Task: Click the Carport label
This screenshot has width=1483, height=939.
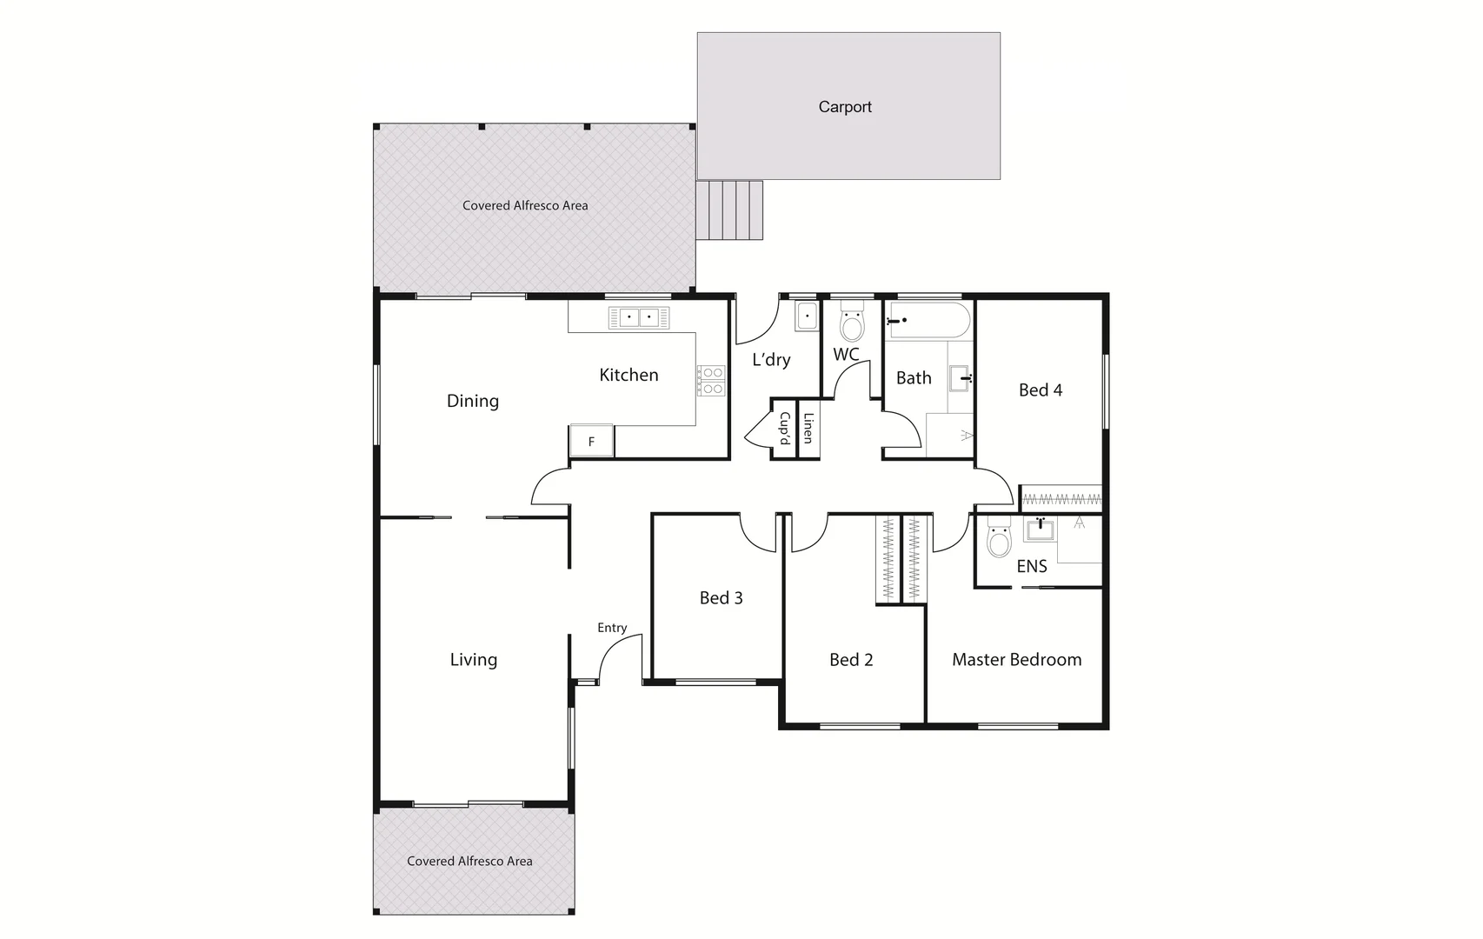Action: [845, 107]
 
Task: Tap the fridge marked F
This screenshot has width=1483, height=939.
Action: [591, 442]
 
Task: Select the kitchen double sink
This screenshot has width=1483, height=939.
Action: [639, 318]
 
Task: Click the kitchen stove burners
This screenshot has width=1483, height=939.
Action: [711, 381]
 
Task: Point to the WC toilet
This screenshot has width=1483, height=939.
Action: [852, 324]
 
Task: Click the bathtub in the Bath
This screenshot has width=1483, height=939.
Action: [928, 320]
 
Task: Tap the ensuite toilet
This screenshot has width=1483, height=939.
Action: [999, 539]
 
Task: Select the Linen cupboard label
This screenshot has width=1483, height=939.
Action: [808, 428]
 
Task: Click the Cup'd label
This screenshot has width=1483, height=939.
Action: [784, 428]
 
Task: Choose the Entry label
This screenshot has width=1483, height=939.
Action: [612, 628]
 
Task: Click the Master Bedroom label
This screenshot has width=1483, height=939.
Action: [1016, 660]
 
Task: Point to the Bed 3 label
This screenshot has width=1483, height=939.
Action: [721, 598]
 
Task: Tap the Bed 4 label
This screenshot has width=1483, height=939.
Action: [1040, 390]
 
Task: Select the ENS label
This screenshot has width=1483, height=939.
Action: [1031, 567]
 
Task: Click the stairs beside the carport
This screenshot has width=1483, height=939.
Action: [731, 210]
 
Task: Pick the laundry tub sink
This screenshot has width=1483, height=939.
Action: [807, 316]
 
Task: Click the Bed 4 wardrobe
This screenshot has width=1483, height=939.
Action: [1061, 499]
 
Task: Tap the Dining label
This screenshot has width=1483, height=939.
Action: [472, 401]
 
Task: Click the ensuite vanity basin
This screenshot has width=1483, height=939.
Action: [1040, 529]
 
